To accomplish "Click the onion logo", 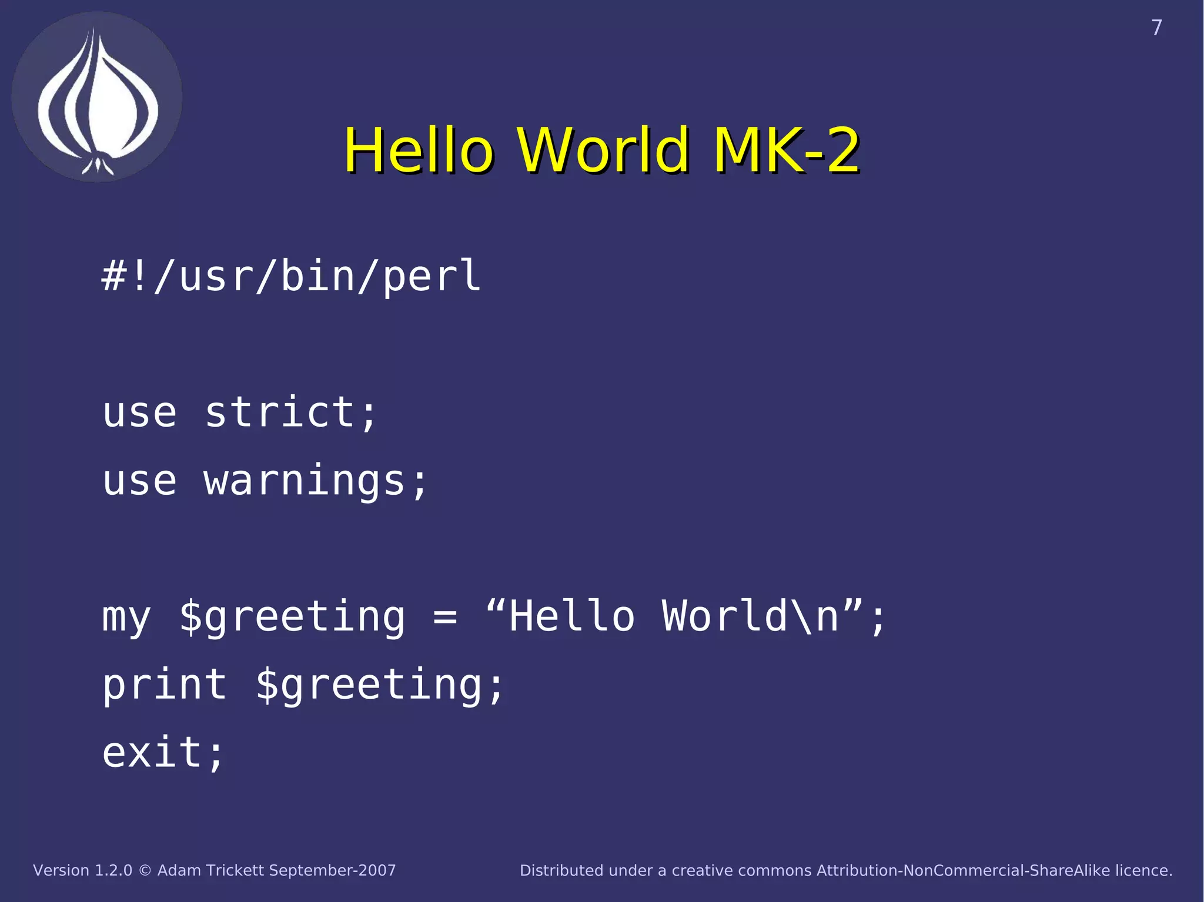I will click(97, 97).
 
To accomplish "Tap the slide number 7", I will click(1156, 28).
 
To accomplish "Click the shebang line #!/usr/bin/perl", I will click(292, 276).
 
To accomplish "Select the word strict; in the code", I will click(290, 413).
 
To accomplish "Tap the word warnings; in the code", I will click(316, 481).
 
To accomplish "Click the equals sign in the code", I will click(445, 617).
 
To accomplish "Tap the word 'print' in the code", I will click(165, 686).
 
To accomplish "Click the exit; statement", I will click(163, 753).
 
